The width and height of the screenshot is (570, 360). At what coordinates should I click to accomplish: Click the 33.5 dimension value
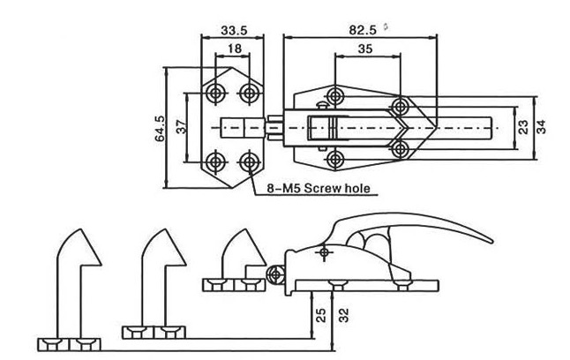click(x=231, y=30)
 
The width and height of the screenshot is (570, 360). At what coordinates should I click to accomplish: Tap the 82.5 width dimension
click(x=361, y=30)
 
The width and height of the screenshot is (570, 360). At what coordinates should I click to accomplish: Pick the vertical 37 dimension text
click(x=182, y=126)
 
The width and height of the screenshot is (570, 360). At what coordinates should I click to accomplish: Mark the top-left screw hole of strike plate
click(x=215, y=91)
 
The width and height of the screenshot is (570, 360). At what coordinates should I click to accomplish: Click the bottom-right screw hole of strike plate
click(x=250, y=161)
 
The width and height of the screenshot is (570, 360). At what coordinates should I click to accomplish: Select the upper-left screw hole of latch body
click(x=335, y=94)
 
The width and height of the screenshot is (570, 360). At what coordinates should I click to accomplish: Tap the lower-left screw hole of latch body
click(x=335, y=158)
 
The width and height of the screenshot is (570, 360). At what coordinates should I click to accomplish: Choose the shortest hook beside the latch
click(x=238, y=251)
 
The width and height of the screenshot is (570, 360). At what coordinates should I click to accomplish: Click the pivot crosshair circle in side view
click(x=326, y=253)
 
